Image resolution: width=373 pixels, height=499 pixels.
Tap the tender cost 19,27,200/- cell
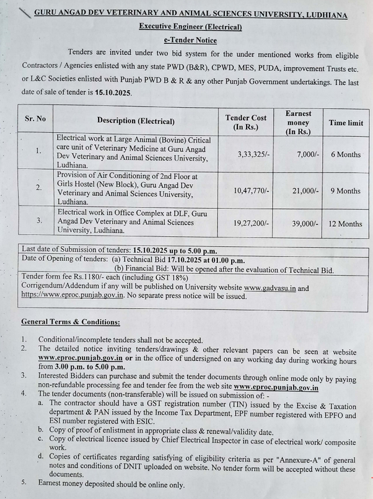pyautogui.click(x=252, y=223)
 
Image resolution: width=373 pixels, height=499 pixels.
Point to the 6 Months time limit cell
pyautogui.click(x=345, y=154)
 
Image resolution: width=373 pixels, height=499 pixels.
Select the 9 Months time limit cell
pyautogui.click(x=345, y=191)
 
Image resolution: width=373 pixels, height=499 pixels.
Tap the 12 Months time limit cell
pyautogui.click(x=346, y=224)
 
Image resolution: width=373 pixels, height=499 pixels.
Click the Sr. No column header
pyautogui.click(x=35, y=118)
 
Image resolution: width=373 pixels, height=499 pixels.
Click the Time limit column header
pyautogui.click(x=346, y=123)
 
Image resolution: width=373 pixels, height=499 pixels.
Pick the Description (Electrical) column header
pyautogui.click(x=136, y=121)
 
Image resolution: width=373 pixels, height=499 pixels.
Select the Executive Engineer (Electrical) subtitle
pyautogui.click(x=190, y=27)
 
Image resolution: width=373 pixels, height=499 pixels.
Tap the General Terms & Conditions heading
pyautogui.click(x=71, y=322)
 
